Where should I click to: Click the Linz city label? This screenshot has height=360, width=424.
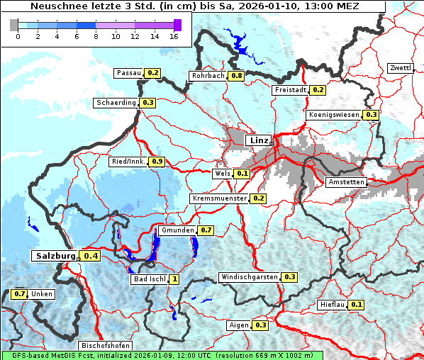[x=259, y=140]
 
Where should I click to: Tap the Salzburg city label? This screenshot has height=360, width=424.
[x=54, y=255]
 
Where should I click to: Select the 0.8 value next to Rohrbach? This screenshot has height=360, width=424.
[x=236, y=76]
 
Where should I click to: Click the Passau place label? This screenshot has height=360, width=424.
[x=129, y=73]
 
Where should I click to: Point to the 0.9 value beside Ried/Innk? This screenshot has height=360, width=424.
[x=157, y=162]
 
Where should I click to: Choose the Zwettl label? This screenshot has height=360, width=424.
[x=400, y=68]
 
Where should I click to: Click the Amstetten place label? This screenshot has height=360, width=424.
[x=346, y=182]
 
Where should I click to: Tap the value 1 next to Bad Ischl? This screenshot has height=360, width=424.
[x=174, y=279]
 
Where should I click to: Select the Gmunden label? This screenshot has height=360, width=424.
[x=177, y=230]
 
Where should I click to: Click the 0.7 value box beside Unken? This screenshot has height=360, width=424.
[x=20, y=293]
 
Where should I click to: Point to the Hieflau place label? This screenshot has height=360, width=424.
[x=333, y=305]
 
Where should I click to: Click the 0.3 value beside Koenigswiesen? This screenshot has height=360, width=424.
[x=371, y=115]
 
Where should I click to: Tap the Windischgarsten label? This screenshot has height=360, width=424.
[x=249, y=276]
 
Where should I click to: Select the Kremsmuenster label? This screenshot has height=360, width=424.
[x=219, y=198]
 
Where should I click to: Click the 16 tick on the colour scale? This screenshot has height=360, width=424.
[x=174, y=35]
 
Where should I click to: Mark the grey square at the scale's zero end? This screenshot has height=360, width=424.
[x=14, y=25]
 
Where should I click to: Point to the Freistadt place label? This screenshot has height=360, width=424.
[x=290, y=90]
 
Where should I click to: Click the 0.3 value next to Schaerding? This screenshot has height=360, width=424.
[x=147, y=103]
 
